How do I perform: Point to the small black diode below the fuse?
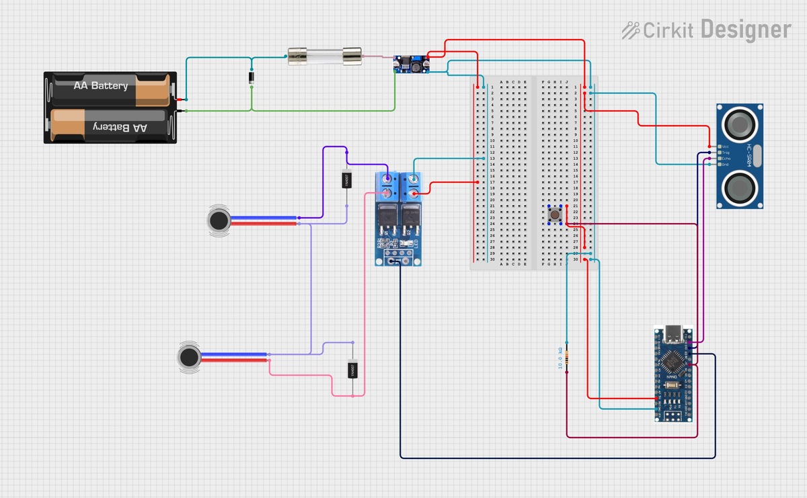tap(252, 78)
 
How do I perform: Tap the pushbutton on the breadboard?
tap(556, 214)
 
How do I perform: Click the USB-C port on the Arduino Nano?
tap(672, 333)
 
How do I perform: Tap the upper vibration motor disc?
tap(217, 220)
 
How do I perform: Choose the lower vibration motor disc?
tap(190, 356)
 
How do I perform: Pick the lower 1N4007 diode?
tap(352, 370)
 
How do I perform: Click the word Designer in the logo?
tap(746, 30)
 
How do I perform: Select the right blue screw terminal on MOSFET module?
tap(410, 186)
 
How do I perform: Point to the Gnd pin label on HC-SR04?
tap(725, 164)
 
